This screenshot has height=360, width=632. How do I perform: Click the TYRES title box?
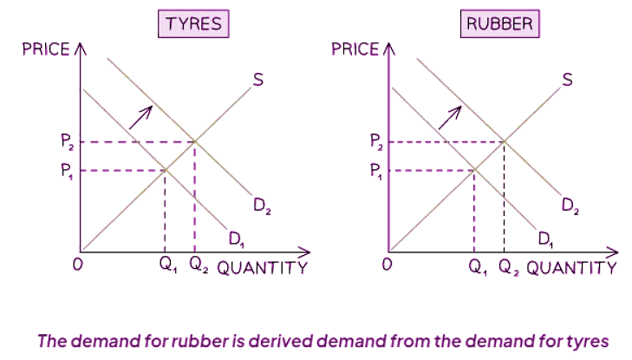click(x=192, y=23)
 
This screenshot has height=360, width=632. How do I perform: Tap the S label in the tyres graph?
click(x=257, y=81)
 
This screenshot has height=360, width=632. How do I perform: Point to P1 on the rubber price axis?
click(x=375, y=171)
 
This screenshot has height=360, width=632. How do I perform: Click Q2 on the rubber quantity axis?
click(x=505, y=266)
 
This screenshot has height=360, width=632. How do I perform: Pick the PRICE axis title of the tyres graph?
click(x=46, y=49)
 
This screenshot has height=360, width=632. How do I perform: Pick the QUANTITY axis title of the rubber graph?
click(x=571, y=267)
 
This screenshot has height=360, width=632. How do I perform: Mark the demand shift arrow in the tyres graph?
click(x=142, y=117)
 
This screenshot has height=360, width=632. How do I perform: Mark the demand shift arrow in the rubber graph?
click(x=451, y=117)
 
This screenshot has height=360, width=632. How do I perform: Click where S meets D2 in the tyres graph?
click(x=194, y=141)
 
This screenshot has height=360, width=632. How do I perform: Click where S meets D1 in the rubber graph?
click(x=474, y=169)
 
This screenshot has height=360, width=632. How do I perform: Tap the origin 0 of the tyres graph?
click(x=77, y=265)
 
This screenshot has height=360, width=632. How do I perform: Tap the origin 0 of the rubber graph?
click(x=388, y=265)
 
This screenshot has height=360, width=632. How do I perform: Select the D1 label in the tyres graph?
click(x=236, y=238)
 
